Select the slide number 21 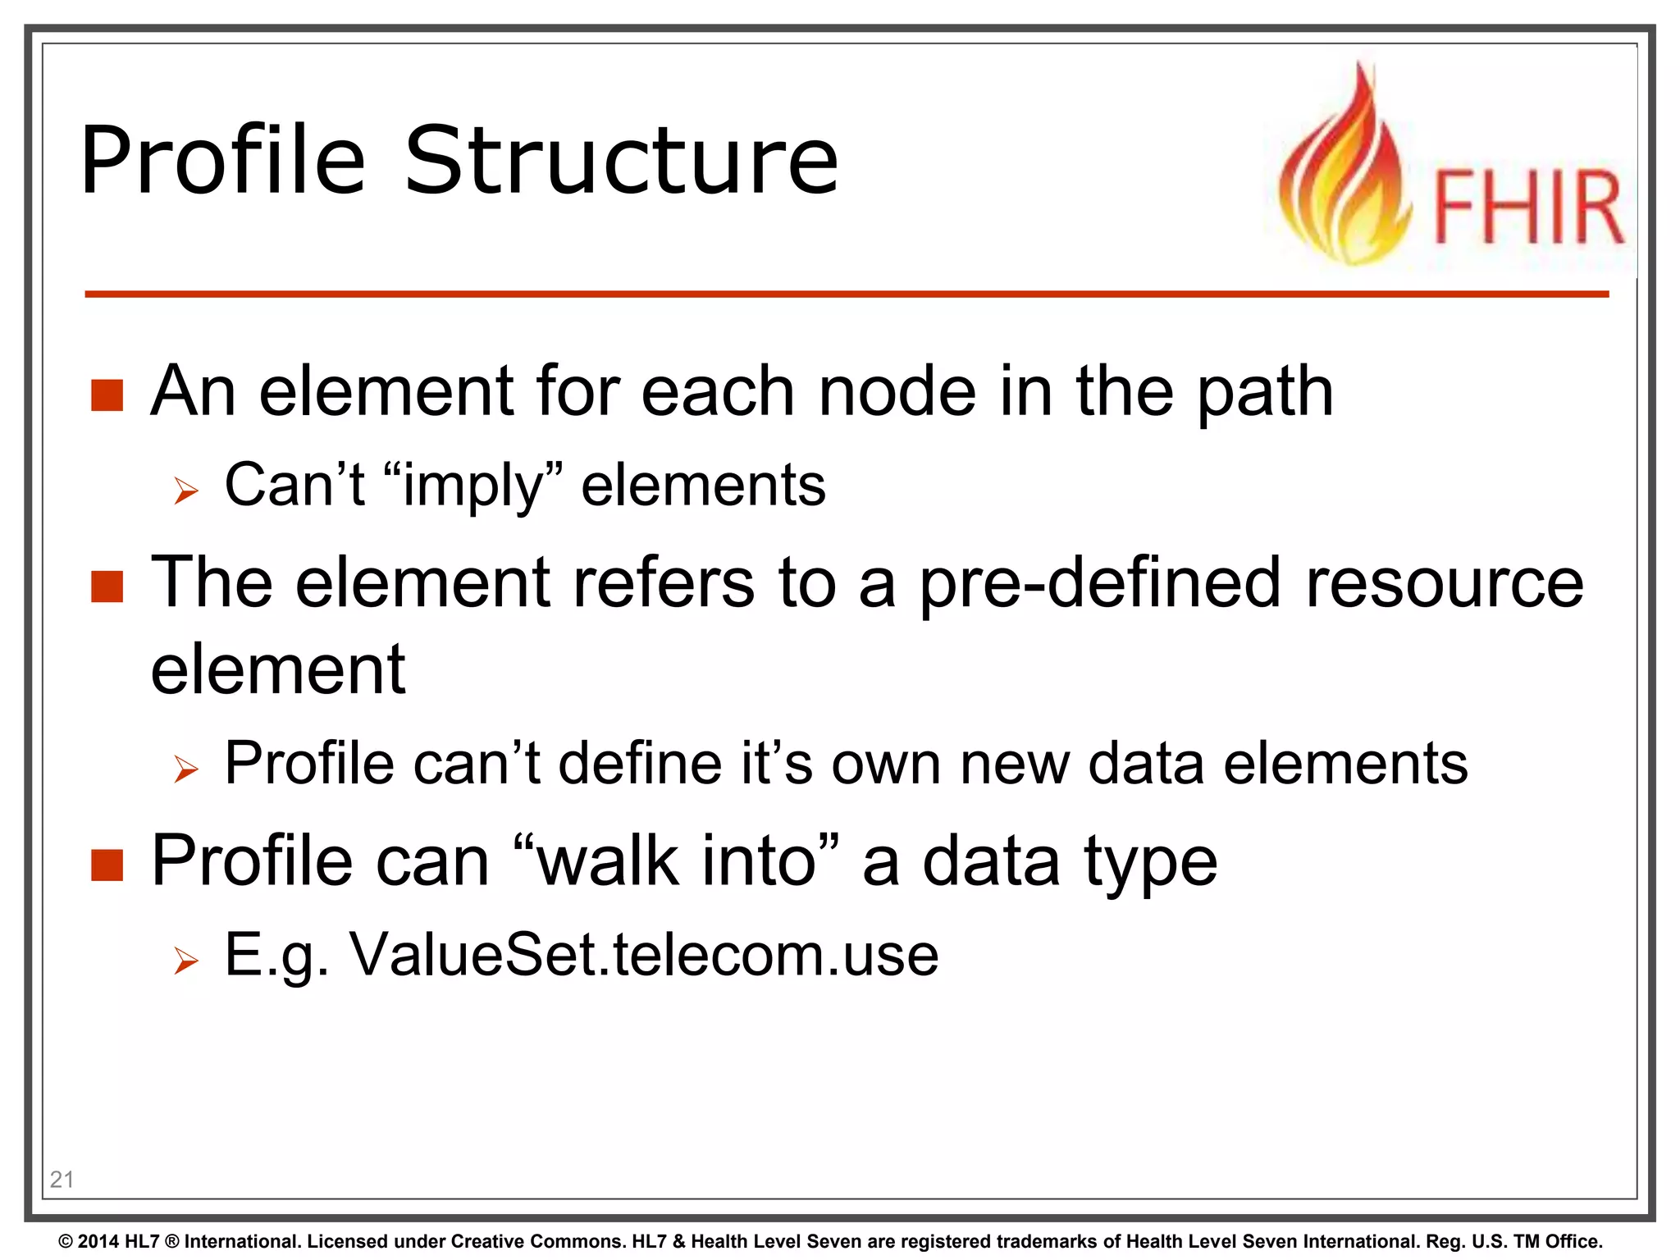click(62, 1179)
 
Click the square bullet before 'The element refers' click(107, 587)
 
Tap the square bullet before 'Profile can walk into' click(107, 865)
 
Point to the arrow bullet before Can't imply click(186, 491)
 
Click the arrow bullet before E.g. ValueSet click(186, 961)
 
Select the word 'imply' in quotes click(473, 486)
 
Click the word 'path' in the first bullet click(1265, 392)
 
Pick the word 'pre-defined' click(1099, 583)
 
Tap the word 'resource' click(1445, 583)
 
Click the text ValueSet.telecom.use click(644, 955)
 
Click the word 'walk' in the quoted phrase click(608, 861)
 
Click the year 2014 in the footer click(98, 1241)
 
